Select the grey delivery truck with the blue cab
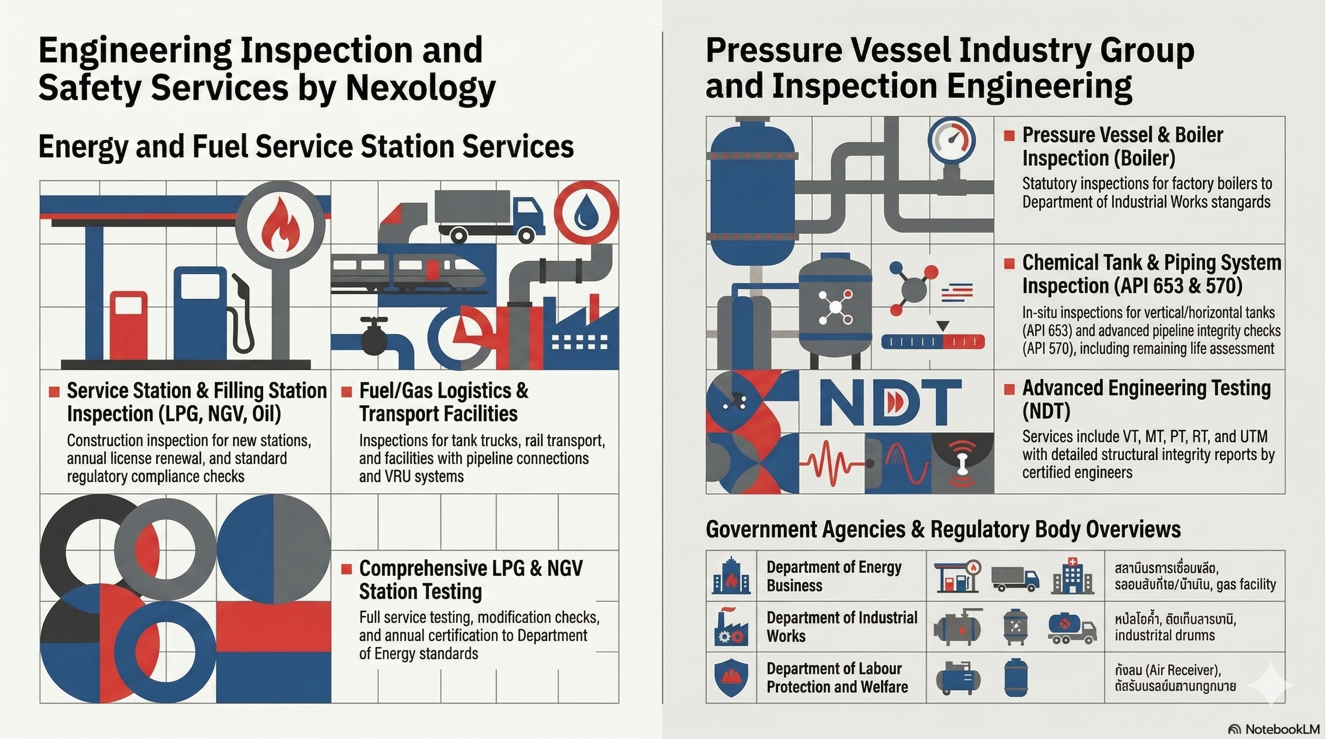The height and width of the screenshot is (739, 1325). [488, 216]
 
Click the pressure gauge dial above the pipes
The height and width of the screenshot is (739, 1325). [952, 141]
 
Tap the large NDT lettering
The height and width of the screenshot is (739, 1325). [890, 402]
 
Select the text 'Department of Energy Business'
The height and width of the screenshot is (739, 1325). [833, 576]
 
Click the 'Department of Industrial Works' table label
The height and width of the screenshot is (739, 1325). [841, 626]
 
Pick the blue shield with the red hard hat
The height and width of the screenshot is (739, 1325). [731, 677]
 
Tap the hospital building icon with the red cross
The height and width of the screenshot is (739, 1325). [1072, 575]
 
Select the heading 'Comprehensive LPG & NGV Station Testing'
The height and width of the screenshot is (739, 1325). [471, 580]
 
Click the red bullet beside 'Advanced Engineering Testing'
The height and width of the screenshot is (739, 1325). [1009, 389]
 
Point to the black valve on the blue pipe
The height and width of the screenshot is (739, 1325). [374, 336]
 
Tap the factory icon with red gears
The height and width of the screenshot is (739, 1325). [730, 627]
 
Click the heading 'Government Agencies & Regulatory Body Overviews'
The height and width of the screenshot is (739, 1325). [943, 529]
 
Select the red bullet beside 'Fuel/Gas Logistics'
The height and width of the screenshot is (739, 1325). [347, 392]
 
